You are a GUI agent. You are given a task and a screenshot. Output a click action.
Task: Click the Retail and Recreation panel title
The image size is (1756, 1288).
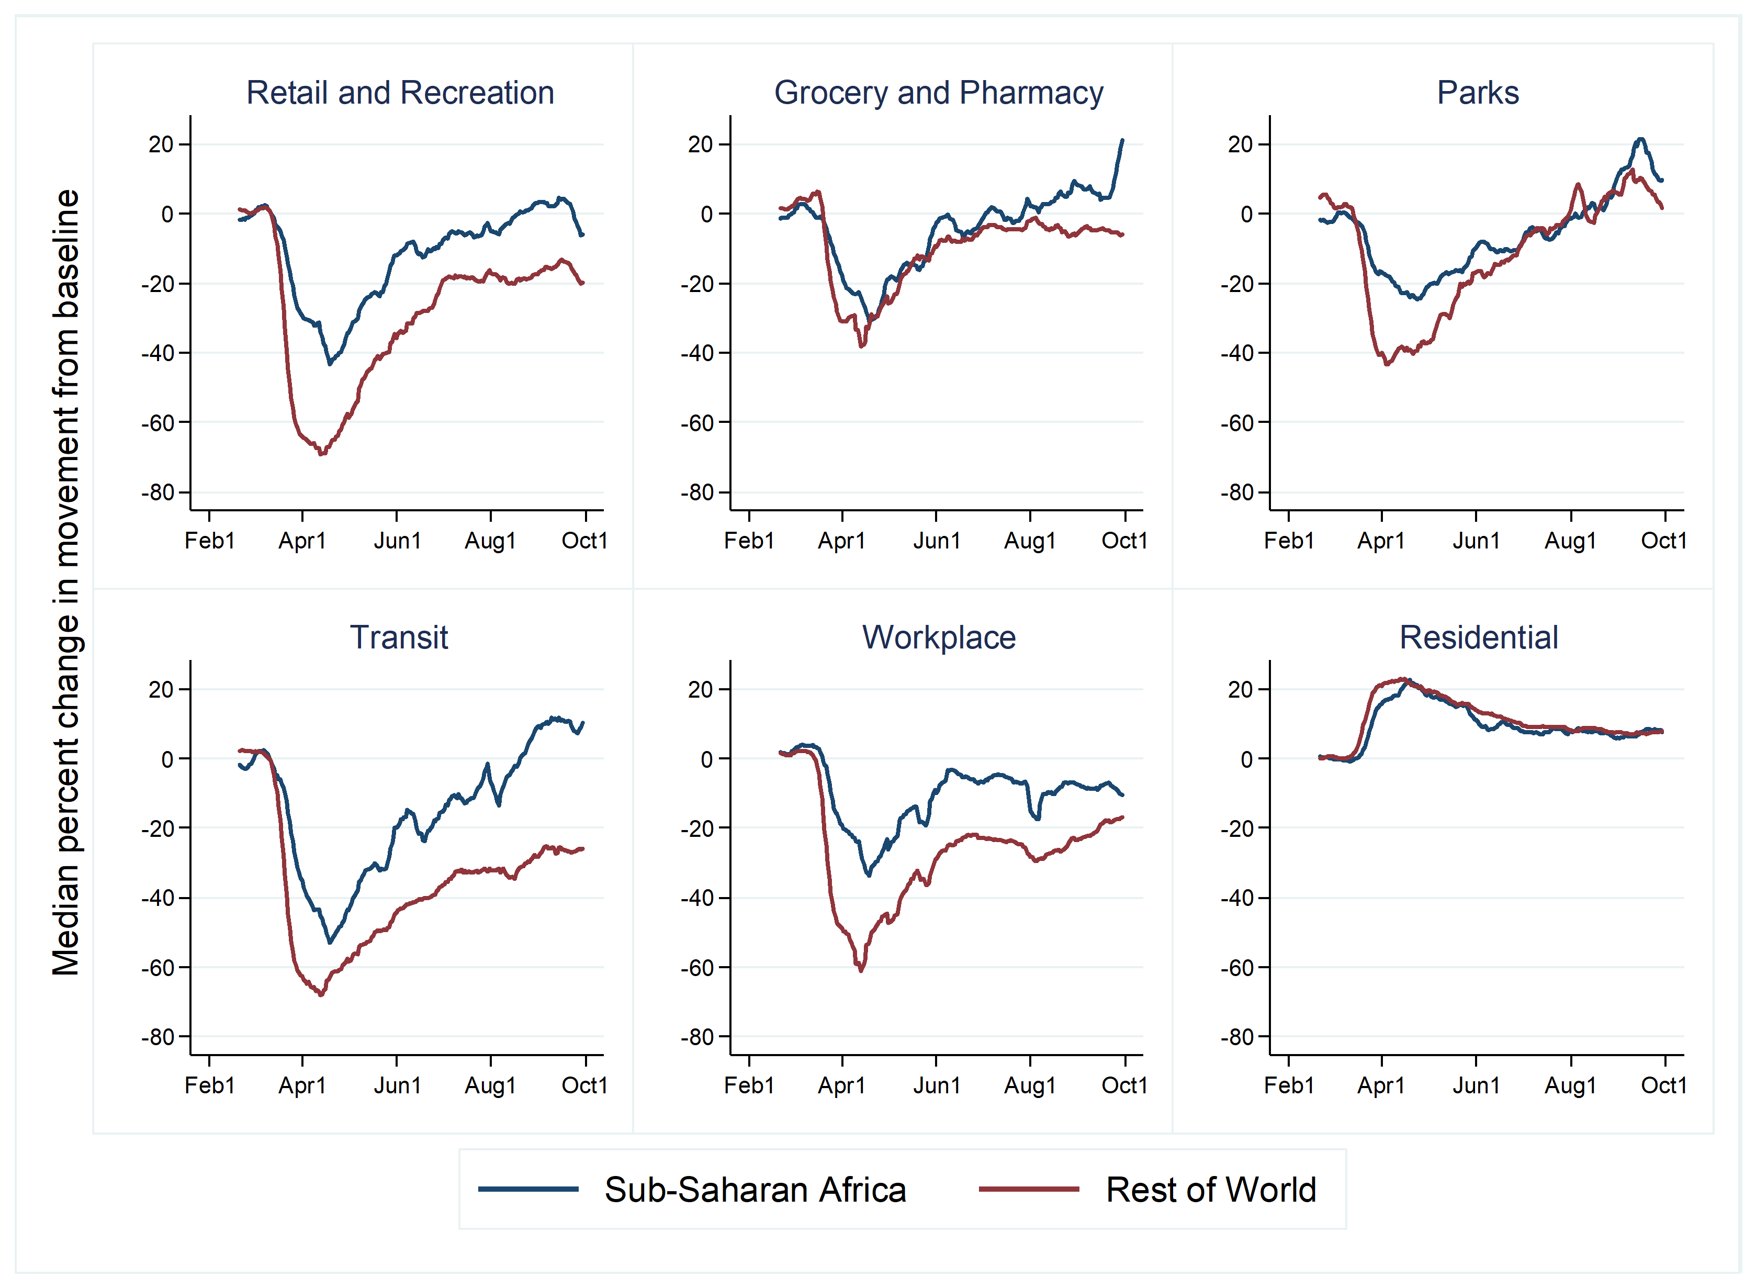pos(400,93)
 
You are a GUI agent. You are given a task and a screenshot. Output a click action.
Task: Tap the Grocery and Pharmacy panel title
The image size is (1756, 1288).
pos(938,93)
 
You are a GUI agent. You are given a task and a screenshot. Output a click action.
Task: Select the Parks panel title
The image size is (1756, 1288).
pos(1478,93)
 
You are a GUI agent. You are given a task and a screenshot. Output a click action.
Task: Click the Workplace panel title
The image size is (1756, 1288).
pos(938,638)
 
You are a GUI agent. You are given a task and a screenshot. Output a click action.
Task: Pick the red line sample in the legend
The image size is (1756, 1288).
pos(1029,1190)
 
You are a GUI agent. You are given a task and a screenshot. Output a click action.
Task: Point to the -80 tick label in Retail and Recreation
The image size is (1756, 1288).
pos(158,492)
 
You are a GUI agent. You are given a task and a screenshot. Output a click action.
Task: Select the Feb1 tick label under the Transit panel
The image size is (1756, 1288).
pos(209,1085)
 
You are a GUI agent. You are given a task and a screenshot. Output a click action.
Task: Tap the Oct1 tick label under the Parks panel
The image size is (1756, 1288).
pos(1663,541)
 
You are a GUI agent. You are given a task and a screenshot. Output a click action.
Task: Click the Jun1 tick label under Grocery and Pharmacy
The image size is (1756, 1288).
pos(936,541)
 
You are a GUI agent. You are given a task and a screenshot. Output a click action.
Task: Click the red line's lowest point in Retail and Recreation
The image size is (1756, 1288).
pos(322,453)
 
